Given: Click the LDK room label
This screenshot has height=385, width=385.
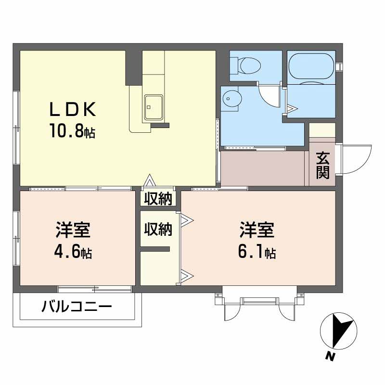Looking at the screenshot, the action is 73,109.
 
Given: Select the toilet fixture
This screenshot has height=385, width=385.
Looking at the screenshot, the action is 245,65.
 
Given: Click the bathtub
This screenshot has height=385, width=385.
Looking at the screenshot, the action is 311,66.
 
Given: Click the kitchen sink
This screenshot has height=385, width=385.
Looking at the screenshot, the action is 154,107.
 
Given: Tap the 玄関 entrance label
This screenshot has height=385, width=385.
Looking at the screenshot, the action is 322,165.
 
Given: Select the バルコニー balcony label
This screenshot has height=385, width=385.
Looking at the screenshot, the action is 77,307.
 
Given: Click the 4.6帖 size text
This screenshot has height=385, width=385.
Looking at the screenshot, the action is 73,252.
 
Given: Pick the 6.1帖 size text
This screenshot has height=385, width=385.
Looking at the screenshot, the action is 257,252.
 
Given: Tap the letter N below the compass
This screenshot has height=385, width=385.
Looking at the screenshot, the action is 331,356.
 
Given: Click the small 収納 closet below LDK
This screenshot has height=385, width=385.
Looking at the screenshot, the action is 158,198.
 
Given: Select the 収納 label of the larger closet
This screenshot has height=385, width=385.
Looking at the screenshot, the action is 158,230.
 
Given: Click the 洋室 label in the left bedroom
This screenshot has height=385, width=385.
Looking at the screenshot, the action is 73,230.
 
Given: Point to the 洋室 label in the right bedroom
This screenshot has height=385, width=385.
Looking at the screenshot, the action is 257,230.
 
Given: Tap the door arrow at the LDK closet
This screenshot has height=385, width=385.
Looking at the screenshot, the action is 150,180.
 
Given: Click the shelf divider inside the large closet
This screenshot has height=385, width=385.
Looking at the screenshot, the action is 155,249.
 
